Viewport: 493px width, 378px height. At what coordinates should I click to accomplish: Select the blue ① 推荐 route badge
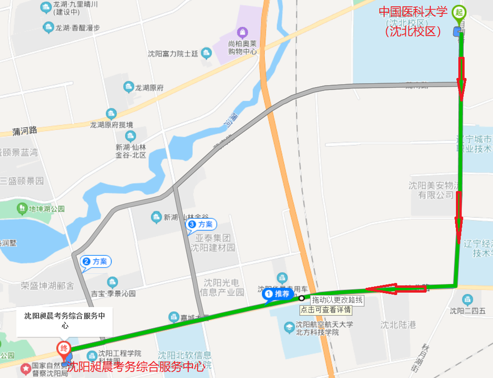tap(278, 294)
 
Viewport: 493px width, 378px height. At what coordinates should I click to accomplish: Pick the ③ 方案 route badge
tap(201, 225)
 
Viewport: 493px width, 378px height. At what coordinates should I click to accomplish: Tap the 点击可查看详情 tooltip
tap(326, 310)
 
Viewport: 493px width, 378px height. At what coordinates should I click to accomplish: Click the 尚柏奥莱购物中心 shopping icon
tap(242, 33)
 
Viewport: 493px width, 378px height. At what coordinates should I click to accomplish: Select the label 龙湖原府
tap(149, 88)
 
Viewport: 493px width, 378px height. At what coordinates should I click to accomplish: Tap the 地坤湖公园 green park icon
tap(22, 209)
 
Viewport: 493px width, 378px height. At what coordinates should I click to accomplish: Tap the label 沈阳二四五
tap(467, 311)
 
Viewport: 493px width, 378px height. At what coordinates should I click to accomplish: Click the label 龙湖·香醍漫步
tap(77, 28)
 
